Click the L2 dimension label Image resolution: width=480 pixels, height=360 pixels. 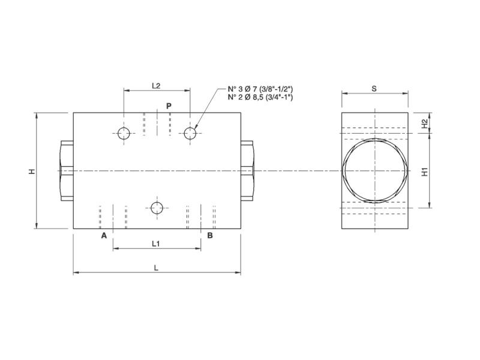pos(156,85)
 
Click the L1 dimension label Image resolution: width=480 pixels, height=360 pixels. pos(156,243)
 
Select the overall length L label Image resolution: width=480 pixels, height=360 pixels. pos(156,268)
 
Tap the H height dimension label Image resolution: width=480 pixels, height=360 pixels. pos(32,172)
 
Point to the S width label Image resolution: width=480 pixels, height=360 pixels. pos(374,88)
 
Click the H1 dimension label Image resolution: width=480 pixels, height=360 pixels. pos(425,172)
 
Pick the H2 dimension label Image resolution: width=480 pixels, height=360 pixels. pos(425,123)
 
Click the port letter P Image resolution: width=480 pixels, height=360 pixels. pos(169,106)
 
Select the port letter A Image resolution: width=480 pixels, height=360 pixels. pos(104,236)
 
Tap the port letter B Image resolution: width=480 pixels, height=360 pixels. pos(209,236)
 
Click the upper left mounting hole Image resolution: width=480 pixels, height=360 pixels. pos(124,133)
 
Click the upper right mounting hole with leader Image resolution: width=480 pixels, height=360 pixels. pos(190,133)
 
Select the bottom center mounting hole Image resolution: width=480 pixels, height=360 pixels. pos(157,208)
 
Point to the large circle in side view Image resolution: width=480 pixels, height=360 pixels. pos(374,170)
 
